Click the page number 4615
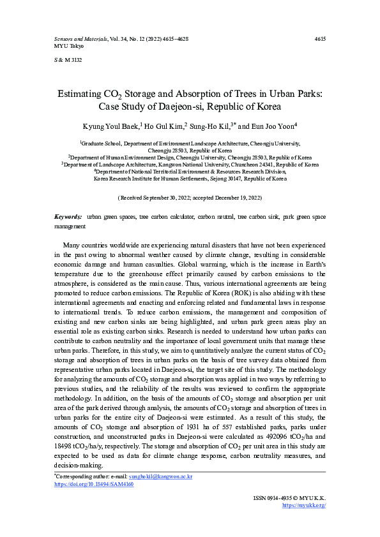pyautogui.click(x=321, y=40)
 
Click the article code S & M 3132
pyautogui.click(x=68, y=60)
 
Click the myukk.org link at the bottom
pyautogui.click(x=304, y=505)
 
